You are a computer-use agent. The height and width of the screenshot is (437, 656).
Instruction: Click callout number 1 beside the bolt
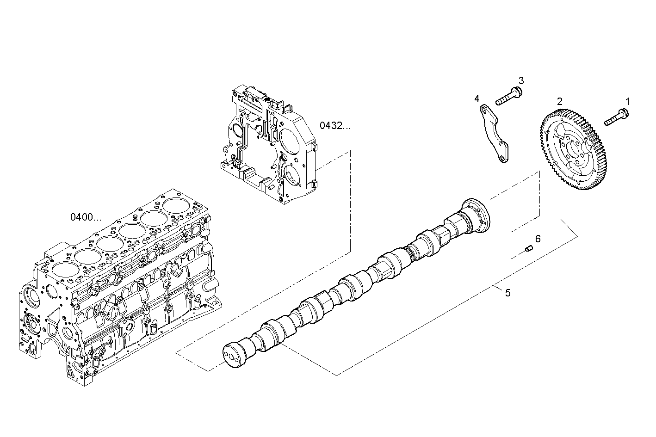(627, 101)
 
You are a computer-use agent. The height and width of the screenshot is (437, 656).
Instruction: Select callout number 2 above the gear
(560, 101)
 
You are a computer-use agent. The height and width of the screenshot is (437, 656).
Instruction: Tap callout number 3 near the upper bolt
(521, 80)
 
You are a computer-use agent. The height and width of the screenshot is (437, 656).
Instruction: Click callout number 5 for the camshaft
(507, 293)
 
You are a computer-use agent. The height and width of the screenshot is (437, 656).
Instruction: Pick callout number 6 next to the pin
(538, 239)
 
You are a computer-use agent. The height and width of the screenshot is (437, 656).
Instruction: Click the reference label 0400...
(86, 216)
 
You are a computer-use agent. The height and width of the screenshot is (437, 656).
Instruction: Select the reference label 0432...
(335, 125)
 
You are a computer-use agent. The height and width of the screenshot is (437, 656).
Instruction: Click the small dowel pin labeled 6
(529, 250)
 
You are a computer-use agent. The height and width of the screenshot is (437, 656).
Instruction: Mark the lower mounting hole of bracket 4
(501, 159)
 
